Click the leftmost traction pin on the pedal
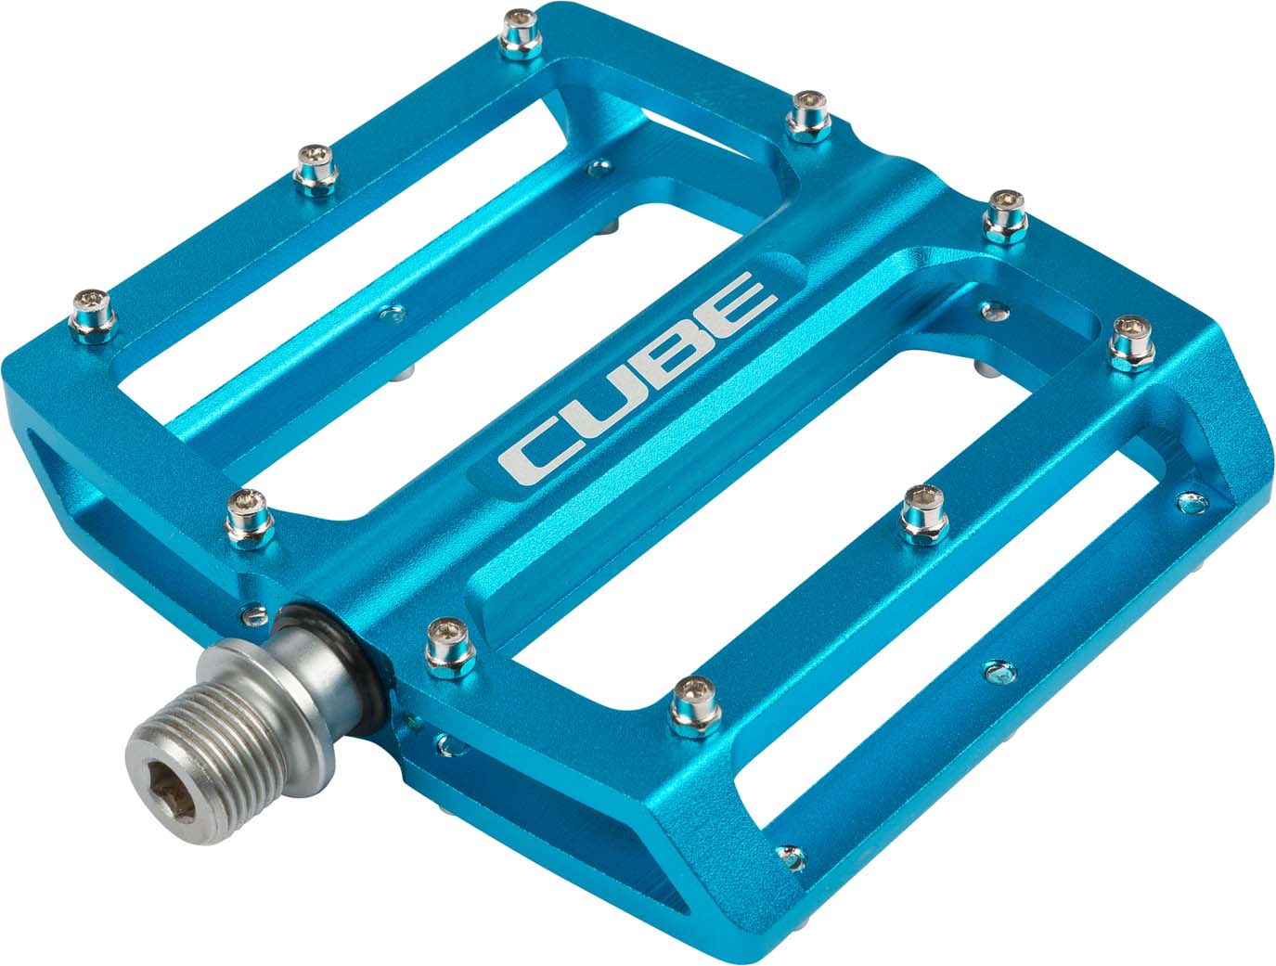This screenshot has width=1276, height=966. (x=93, y=311)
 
